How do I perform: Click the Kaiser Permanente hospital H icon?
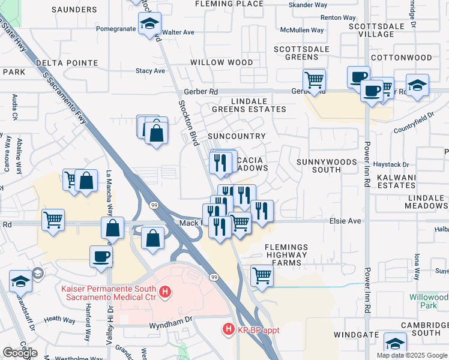pos(166,293)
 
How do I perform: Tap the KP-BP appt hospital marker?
pos(228,329)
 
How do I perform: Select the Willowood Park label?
pos(429,301)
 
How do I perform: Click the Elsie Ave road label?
pos(345,221)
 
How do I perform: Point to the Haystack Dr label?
pos(393,164)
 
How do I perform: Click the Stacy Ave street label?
pos(150,71)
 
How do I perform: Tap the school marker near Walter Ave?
pos(148,25)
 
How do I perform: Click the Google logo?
pos(20,352)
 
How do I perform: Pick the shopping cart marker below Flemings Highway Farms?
pos(262,276)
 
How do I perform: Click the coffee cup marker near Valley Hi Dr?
pos(101,256)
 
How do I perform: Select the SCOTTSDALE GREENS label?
pos(296,53)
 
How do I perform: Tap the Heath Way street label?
pos(59,319)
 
